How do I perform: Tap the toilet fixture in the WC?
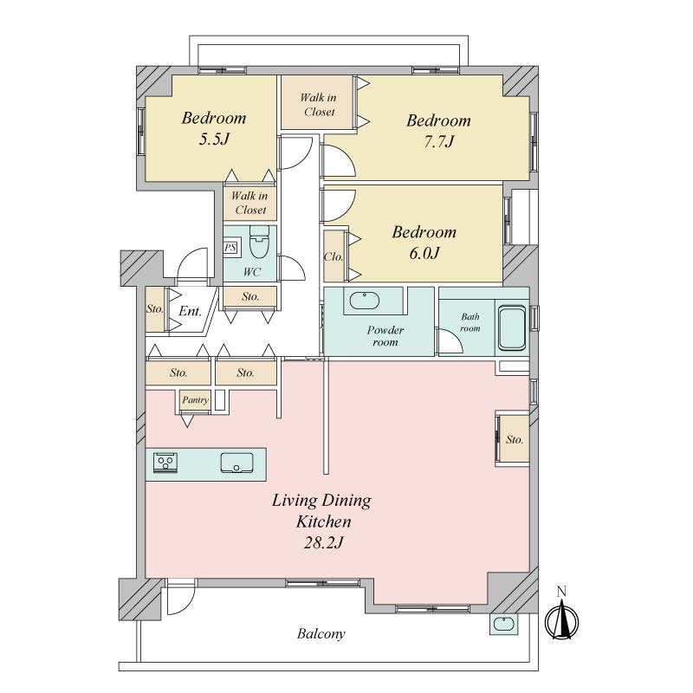coord(259,242)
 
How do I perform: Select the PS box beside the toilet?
coord(230,248)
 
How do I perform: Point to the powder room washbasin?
coord(365,301)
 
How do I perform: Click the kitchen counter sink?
coord(236,463)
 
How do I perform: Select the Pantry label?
coord(196,400)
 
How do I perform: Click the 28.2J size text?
coord(323,543)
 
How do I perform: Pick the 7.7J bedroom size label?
coord(439,141)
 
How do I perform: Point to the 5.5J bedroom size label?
coord(214,139)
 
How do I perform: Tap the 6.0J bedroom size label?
coord(424,253)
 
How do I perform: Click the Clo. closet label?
coord(334,256)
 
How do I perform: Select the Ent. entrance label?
coord(190,311)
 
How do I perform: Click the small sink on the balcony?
coord(504,624)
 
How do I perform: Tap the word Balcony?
coord(321,634)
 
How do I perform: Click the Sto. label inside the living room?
coord(515,439)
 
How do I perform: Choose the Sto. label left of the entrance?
coord(155,308)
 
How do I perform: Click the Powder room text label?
coord(385,336)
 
